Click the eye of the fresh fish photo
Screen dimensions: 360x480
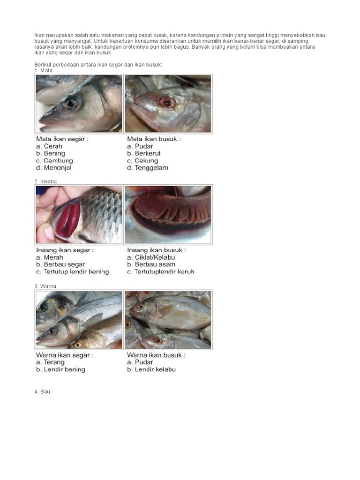point(71,104)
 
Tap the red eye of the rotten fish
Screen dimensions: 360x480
point(167,102)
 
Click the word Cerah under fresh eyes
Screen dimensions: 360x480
point(53,146)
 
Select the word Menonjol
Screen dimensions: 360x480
point(58,168)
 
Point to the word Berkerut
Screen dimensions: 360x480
point(148,153)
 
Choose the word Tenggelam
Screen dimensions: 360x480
point(151,168)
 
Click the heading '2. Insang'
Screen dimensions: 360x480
point(45,181)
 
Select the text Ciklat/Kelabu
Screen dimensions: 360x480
point(155,257)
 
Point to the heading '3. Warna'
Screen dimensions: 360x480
point(45,286)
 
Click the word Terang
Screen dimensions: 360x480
point(54,362)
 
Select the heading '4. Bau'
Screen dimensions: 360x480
point(42,392)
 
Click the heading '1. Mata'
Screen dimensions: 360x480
point(44,71)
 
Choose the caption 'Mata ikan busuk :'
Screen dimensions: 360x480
point(154,139)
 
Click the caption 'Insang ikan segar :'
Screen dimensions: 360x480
point(65,250)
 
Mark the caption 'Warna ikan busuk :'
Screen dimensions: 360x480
point(156,355)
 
